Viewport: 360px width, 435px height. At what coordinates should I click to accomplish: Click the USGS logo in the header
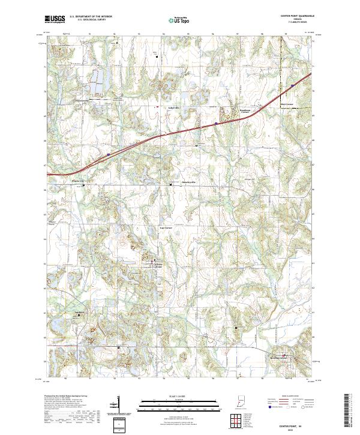pyautogui.click(x=56, y=19)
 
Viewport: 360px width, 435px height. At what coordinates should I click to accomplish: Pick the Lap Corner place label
pyautogui.click(x=166, y=228)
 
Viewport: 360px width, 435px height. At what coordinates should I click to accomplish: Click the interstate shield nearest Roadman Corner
pyautogui.click(x=215, y=124)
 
